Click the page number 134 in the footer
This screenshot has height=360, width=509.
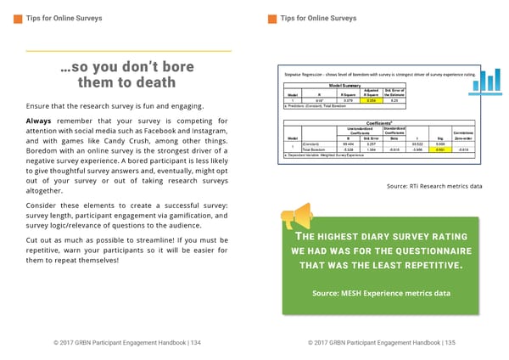[197, 342]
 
